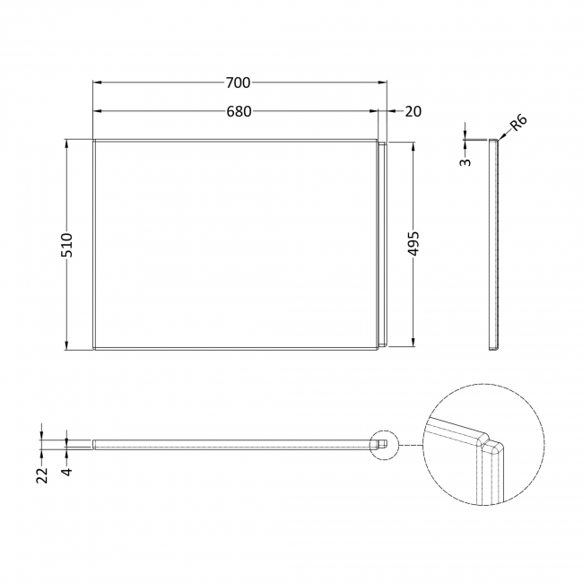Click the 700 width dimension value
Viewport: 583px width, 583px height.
click(x=237, y=83)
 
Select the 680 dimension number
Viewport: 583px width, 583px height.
click(x=237, y=111)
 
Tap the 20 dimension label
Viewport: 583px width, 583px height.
click(x=413, y=111)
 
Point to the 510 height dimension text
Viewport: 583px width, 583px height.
click(x=67, y=245)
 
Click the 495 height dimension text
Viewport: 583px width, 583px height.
click(x=413, y=244)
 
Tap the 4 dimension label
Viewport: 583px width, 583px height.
click(x=66, y=469)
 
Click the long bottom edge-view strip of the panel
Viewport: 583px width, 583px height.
click(x=233, y=442)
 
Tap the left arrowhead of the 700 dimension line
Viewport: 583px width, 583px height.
click(x=97, y=83)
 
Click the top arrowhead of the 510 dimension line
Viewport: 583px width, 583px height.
click(x=67, y=143)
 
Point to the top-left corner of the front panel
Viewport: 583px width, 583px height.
click(x=95, y=141)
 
